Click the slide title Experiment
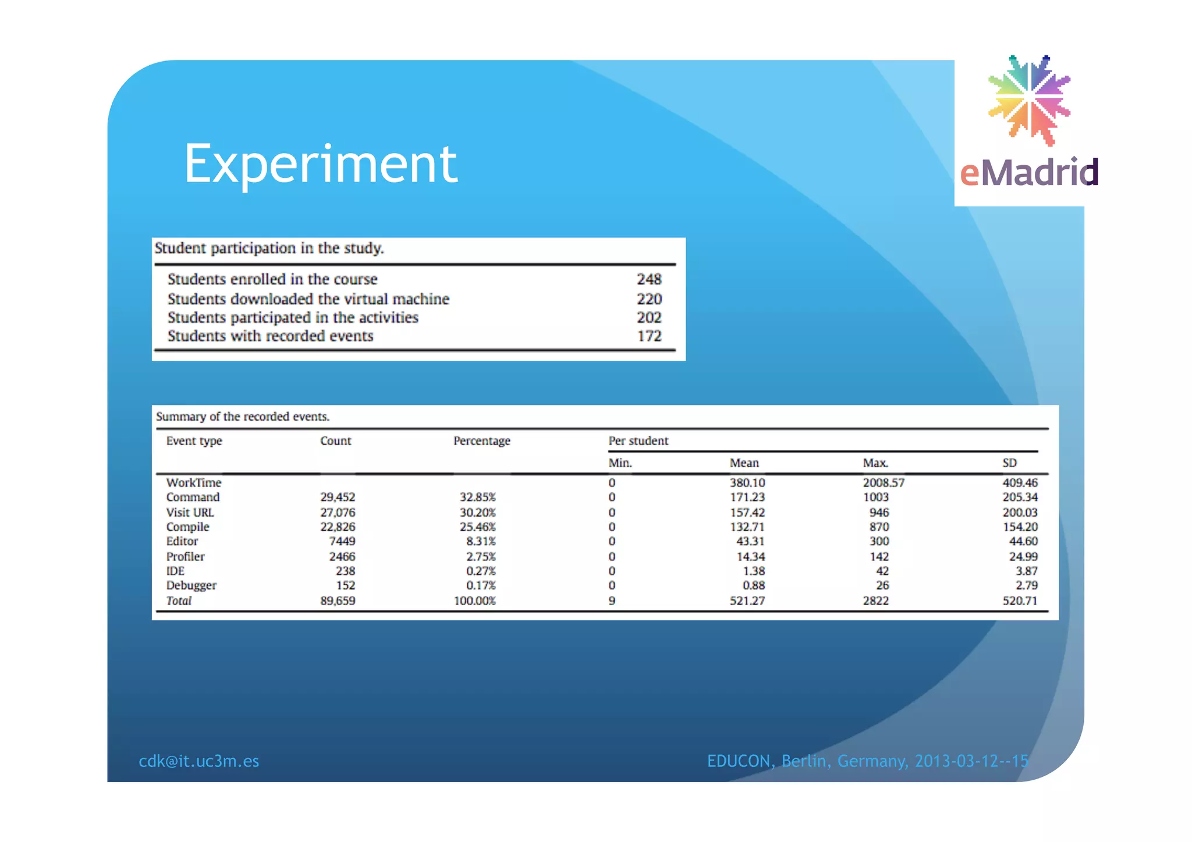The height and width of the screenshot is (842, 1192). click(321, 164)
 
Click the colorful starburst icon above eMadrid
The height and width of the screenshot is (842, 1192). click(1029, 99)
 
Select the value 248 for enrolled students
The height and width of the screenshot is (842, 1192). click(649, 279)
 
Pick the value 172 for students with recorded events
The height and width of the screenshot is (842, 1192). click(649, 336)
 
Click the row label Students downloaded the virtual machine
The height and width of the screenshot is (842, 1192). click(308, 299)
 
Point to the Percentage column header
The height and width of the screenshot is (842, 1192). click(481, 441)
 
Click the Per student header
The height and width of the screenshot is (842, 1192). click(638, 441)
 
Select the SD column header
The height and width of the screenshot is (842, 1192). click(1009, 463)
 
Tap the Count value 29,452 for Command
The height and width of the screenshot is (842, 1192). click(338, 498)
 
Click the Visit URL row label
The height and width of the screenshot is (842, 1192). click(190, 513)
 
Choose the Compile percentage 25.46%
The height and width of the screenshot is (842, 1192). click(477, 527)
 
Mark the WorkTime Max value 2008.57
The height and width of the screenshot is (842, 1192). click(884, 483)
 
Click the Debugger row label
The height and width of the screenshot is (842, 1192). click(191, 585)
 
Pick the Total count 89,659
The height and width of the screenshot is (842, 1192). click(338, 601)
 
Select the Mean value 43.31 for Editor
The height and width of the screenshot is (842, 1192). click(750, 541)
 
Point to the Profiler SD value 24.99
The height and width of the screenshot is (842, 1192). click(1023, 557)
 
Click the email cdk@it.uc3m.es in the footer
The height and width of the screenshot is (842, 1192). click(198, 761)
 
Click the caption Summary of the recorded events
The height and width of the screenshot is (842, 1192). click(243, 417)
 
